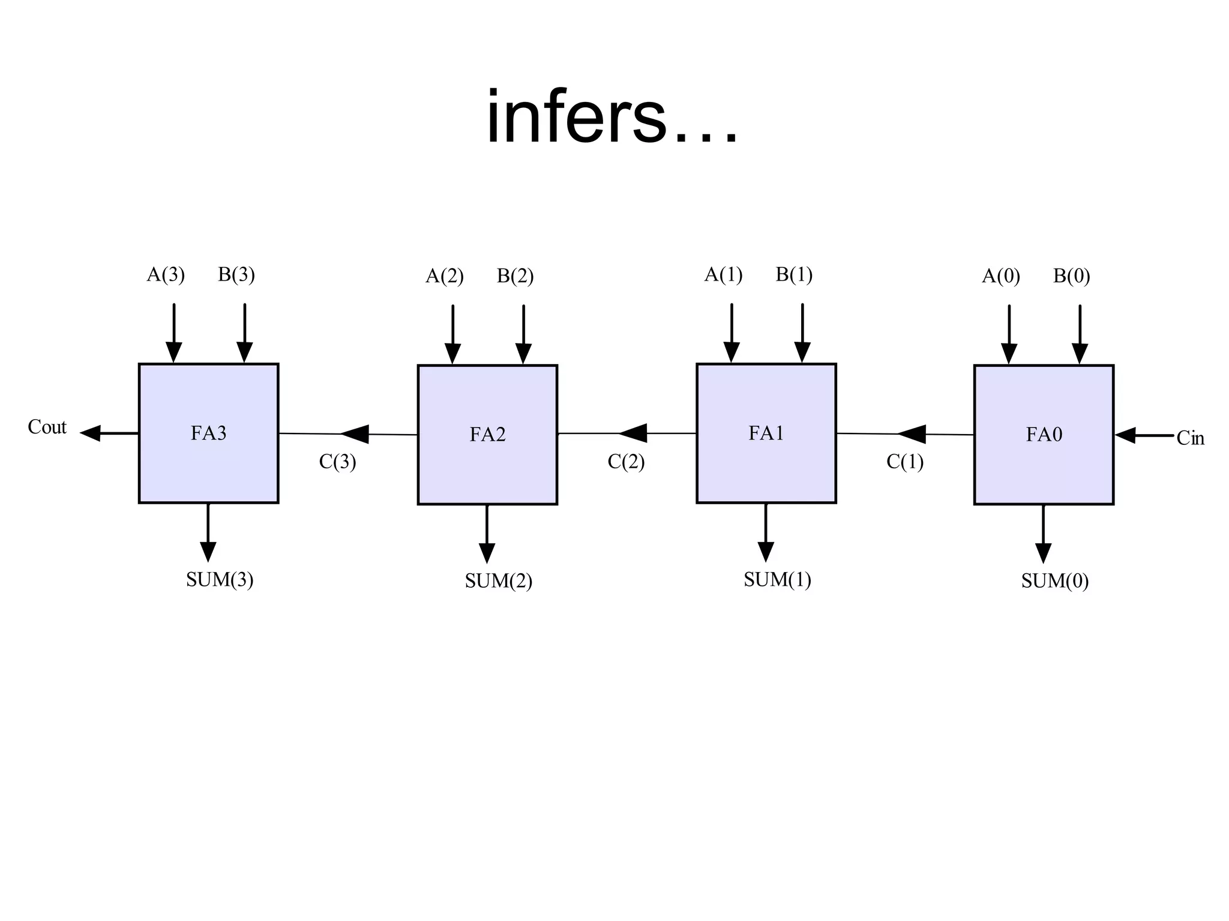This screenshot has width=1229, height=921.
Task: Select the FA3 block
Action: (x=208, y=433)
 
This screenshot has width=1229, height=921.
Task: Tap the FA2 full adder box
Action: (x=487, y=434)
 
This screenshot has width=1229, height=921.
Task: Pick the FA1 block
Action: (x=766, y=433)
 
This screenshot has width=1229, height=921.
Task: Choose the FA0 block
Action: (x=1044, y=434)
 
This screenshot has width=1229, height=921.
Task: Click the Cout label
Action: (x=47, y=427)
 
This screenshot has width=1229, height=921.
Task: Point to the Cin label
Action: (x=1190, y=438)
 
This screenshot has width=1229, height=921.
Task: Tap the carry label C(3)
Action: (x=337, y=462)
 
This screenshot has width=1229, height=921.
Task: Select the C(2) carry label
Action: (x=626, y=462)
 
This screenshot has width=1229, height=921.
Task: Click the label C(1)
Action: (x=905, y=462)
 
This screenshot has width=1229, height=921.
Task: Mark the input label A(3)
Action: (x=166, y=275)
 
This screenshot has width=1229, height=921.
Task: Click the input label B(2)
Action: (x=515, y=276)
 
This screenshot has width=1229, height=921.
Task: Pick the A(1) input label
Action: (x=723, y=275)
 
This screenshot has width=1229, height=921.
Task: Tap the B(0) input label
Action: (x=1071, y=276)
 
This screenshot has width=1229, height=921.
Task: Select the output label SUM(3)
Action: (x=220, y=579)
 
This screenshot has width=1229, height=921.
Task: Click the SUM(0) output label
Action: (x=1055, y=580)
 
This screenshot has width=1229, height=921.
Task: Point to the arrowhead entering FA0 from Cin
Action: (x=1125, y=435)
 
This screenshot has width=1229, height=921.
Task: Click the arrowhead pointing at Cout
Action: (x=91, y=433)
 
